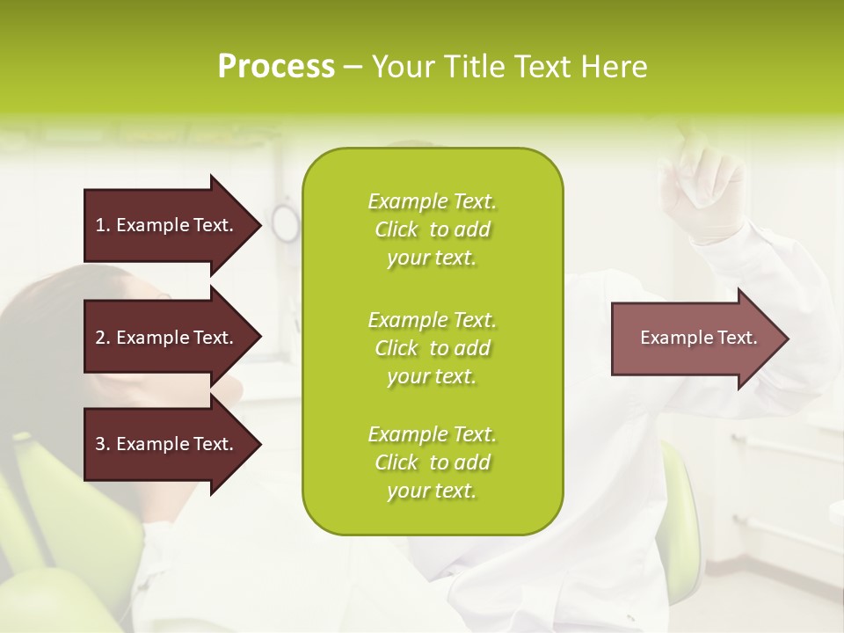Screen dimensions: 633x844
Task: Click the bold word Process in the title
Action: (x=276, y=67)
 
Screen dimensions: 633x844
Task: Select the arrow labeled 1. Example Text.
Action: (x=167, y=225)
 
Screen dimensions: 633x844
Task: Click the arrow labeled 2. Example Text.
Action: (x=167, y=338)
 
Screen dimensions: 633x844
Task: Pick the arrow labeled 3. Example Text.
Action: (x=167, y=444)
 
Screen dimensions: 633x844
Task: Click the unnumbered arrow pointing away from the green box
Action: (x=695, y=338)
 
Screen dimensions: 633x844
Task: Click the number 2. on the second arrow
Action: (x=102, y=338)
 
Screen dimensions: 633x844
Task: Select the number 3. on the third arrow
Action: (x=102, y=444)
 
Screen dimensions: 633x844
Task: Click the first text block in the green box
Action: (x=432, y=229)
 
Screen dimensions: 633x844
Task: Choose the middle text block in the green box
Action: (x=432, y=347)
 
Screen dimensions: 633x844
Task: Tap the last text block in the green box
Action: (x=432, y=462)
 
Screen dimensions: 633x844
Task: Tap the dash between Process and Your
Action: (x=353, y=67)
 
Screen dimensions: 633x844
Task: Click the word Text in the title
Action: (x=542, y=67)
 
